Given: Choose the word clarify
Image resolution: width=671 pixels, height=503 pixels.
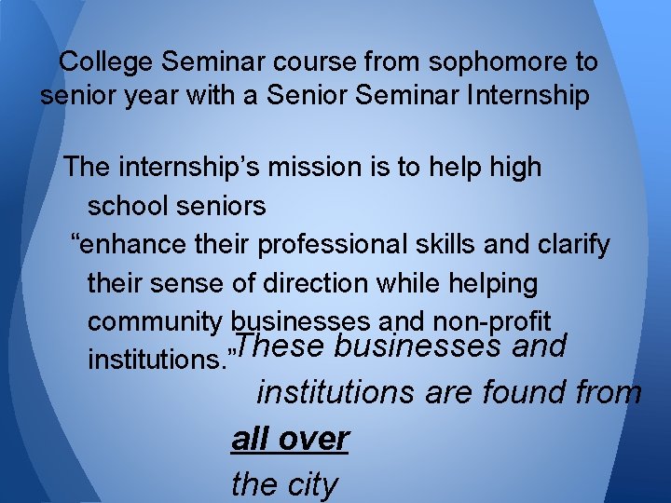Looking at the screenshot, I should point(573,245).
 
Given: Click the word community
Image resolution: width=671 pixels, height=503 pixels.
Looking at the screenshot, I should point(155,322).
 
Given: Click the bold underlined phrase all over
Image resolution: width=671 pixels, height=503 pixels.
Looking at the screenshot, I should point(290,439).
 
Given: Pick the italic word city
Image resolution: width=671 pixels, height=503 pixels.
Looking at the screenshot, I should point(310,484).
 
